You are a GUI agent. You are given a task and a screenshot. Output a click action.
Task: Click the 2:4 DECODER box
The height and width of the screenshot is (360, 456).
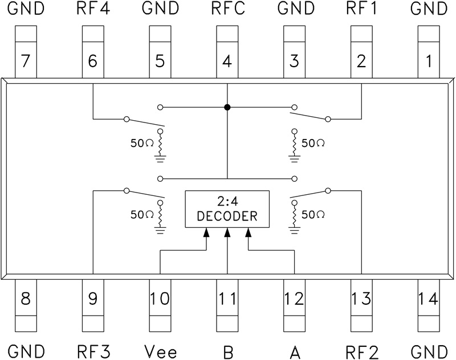[x=227, y=208]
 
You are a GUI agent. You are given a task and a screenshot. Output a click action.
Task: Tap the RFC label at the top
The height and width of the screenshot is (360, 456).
[x=227, y=9]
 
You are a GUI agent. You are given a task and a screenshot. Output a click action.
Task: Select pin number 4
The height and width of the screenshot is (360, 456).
[x=227, y=61]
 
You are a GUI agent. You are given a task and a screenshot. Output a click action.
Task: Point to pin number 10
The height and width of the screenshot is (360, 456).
[x=160, y=298]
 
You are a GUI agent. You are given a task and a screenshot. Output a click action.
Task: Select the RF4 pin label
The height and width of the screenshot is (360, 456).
[x=93, y=9]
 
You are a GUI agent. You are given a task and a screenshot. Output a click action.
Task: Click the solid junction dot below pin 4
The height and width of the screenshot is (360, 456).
[x=227, y=107]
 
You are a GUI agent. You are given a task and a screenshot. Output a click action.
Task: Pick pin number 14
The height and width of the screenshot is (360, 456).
[x=429, y=298]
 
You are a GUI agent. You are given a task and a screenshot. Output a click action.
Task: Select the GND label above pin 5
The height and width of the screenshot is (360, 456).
[x=160, y=9]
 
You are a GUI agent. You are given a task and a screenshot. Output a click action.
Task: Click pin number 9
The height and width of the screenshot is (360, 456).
[x=93, y=298]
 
